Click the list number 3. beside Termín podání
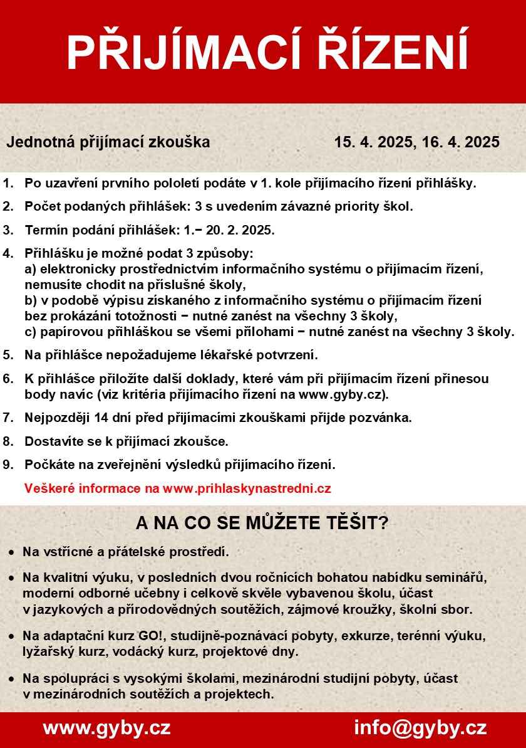point(8,230)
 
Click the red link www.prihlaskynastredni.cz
point(247,488)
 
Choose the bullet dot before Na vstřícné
point(12,553)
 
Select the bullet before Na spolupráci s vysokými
point(12,679)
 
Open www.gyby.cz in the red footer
point(106,728)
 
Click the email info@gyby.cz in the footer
point(420,728)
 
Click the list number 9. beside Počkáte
point(8,465)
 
